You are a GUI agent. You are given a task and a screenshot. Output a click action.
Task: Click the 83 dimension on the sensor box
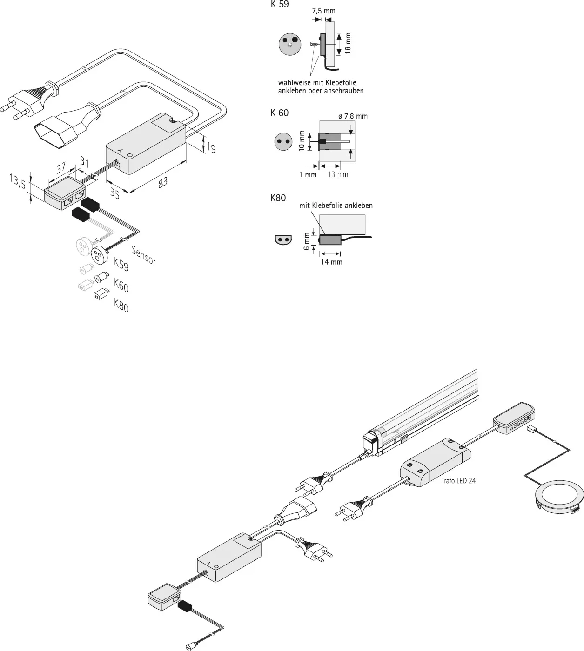point(163,182)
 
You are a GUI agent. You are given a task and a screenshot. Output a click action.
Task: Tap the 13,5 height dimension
point(18,181)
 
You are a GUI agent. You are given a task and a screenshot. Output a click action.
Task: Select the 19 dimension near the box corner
point(211,147)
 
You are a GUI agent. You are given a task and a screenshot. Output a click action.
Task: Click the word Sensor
point(144,256)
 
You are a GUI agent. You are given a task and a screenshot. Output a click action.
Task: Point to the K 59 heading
point(280,4)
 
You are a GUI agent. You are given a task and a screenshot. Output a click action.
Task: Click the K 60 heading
point(280,113)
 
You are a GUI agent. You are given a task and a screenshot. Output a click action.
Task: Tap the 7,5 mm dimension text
point(323,11)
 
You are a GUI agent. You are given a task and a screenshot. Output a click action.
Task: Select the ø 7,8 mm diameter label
point(353,116)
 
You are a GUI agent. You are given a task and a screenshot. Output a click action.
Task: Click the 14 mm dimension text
point(332,262)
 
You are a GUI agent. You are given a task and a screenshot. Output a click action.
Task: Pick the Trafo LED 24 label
point(458,481)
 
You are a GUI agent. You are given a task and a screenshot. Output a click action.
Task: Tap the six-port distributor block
point(514,418)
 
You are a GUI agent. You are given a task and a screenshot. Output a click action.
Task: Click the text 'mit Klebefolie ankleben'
point(336,206)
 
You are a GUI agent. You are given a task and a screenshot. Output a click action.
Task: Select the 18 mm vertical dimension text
point(348,43)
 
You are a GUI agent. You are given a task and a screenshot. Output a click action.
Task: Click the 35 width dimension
point(115,193)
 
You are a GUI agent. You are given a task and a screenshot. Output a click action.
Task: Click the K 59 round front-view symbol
point(290,44)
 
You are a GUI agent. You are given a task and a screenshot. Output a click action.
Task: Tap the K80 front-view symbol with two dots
point(283,239)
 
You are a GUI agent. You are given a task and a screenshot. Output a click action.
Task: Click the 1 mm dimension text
point(308,174)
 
